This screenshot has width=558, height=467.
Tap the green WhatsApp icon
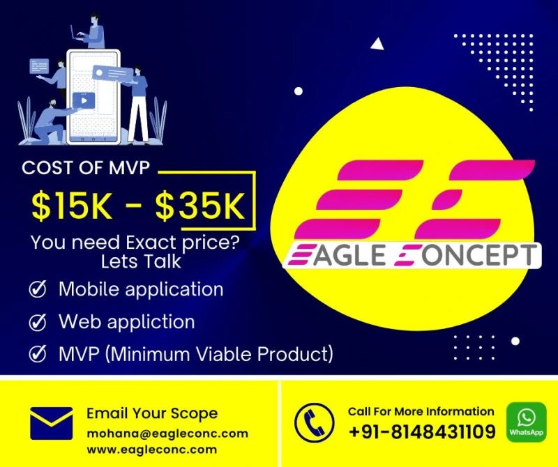[x=526, y=422]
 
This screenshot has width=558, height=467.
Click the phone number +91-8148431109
[x=422, y=431]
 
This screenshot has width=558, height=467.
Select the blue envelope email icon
[x=51, y=423]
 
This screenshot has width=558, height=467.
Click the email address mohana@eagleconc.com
[x=167, y=434]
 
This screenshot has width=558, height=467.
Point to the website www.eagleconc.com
[x=151, y=450]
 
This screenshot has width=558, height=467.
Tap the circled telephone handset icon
[x=315, y=422]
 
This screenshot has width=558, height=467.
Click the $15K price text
[x=71, y=206]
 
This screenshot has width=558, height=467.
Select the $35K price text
[x=200, y=206]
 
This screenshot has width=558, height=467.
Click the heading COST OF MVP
[x=86, y=168]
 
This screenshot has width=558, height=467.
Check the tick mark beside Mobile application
[x=38, y=289]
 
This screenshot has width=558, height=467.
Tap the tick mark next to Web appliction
[x=38, y=322]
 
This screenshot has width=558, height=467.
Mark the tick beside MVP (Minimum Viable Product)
[x=38, y=353]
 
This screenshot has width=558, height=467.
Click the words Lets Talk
[x=141, y=261]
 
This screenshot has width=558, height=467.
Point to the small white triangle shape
[x=377, y=44]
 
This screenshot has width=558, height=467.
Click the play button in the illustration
[x=84, y=100]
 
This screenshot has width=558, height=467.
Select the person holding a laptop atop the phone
[x=90, y=32]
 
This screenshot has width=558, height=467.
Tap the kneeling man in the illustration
[x=52, y=122]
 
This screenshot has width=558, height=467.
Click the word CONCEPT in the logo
[x=466, y=255]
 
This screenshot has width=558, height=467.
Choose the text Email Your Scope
[x=152, y=413]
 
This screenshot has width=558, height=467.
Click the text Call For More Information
[x=421, y=411]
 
